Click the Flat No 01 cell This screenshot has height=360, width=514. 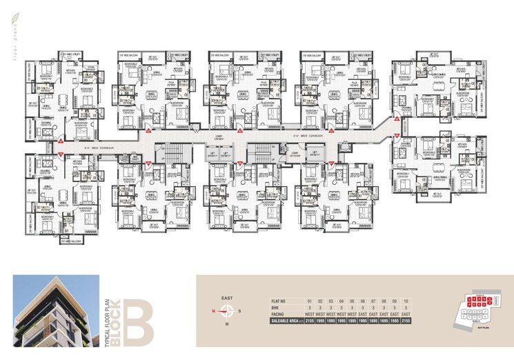tap(310, 301)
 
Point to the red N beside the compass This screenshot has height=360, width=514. tap(214, 311)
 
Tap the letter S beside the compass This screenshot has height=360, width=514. tap(238, 311)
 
